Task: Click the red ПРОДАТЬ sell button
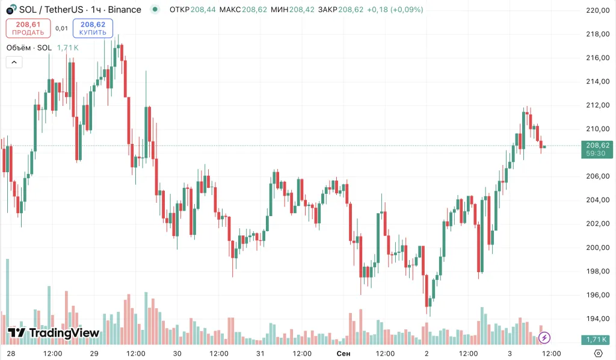28,28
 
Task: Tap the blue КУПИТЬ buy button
93,28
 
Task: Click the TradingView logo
54,333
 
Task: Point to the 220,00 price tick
598,10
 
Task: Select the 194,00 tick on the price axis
598,318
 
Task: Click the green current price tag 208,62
598,145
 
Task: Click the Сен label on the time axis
343,353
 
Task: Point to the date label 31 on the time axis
260,353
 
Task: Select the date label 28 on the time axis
10,353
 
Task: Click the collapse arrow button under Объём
14,61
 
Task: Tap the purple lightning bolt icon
544,338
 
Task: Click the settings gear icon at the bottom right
598,353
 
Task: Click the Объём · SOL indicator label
29,48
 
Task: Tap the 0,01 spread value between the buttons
61,28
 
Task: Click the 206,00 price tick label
598,176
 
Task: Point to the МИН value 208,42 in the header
302,10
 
